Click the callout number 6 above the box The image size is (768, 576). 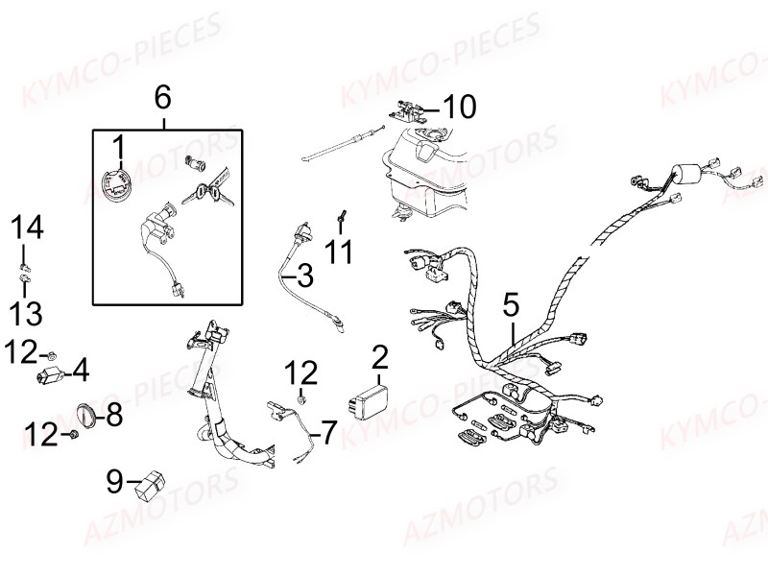[x=162, y=97]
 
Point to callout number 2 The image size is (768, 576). [x=380, y=358]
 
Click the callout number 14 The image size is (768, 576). [x=28, y=228]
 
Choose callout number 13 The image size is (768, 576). [x=28, y=311]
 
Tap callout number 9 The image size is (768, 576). [x=115, y=481]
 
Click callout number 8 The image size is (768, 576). [x=114, y=415]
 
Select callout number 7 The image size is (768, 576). [x=328, y=433]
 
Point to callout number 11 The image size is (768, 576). [x=338, y=252]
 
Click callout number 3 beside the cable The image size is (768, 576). [x=303, y=277]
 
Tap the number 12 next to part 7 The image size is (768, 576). [x=301, y=371]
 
